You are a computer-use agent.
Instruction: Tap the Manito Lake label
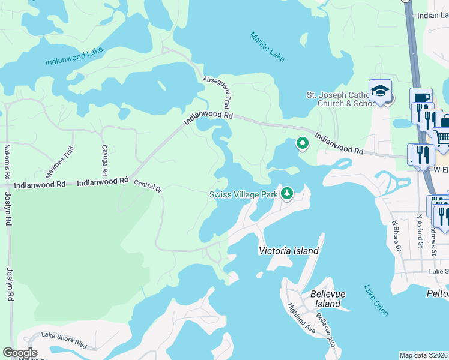(x=267, y=47)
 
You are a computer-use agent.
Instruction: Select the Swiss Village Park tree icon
(x=288, y=193)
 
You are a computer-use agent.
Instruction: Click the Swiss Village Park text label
(x=243, y=194)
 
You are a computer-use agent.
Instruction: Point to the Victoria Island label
(x=288, y=251)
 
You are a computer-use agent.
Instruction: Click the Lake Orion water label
(x=376, y=300)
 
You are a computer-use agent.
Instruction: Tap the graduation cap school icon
(x=380, y=91)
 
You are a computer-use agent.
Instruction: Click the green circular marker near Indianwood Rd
(x=302, y=143)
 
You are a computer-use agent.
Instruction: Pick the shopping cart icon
(x=442, y=139)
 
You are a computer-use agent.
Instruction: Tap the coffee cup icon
(x=421, y=98)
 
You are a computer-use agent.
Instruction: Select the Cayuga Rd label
(x=104, y=155)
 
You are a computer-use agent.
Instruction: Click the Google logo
(x=20, y=352)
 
